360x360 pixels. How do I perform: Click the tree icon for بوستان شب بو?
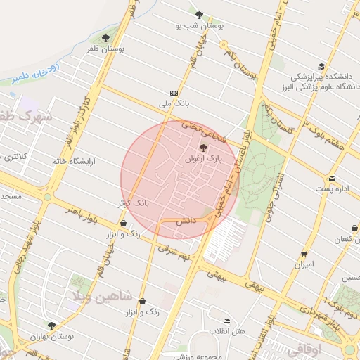click(199, 14)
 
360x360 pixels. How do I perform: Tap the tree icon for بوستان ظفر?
click(105, 38)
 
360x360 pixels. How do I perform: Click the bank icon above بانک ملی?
click(174, 93)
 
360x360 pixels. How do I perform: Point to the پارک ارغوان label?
click(203, 160)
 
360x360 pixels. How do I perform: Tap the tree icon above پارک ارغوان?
click(203, 148)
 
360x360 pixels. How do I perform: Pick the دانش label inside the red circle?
click(185, 220)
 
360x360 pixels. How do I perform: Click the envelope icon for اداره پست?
click(332, 178)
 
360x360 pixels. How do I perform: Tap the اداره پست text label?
click(329, 190)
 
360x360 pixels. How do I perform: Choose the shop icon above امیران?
click(304, 253)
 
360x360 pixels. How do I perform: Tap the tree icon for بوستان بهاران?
click(51, 325)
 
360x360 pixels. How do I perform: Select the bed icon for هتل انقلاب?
click(226, 321)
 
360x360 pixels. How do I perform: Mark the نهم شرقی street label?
click(175, 252)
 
